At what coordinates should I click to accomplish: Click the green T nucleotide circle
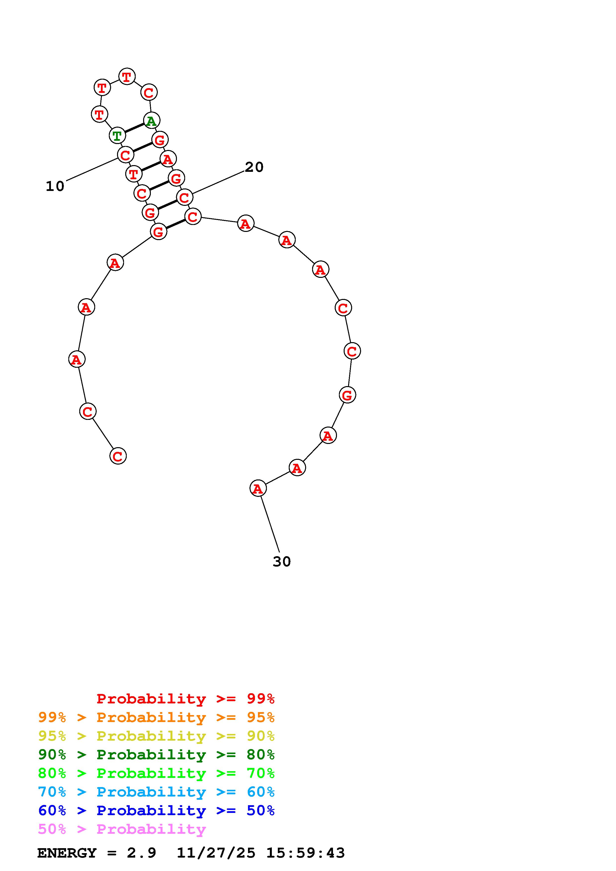point(117,135)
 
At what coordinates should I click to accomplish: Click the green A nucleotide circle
point(151,121)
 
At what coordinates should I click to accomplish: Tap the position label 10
point(55,186)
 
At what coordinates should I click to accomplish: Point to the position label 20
point(254,167)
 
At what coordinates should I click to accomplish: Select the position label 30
point(282,561)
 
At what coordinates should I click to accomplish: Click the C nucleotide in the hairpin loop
point(149,92)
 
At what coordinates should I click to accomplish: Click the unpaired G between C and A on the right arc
point(347,395)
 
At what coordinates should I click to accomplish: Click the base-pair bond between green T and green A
point(134,128)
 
